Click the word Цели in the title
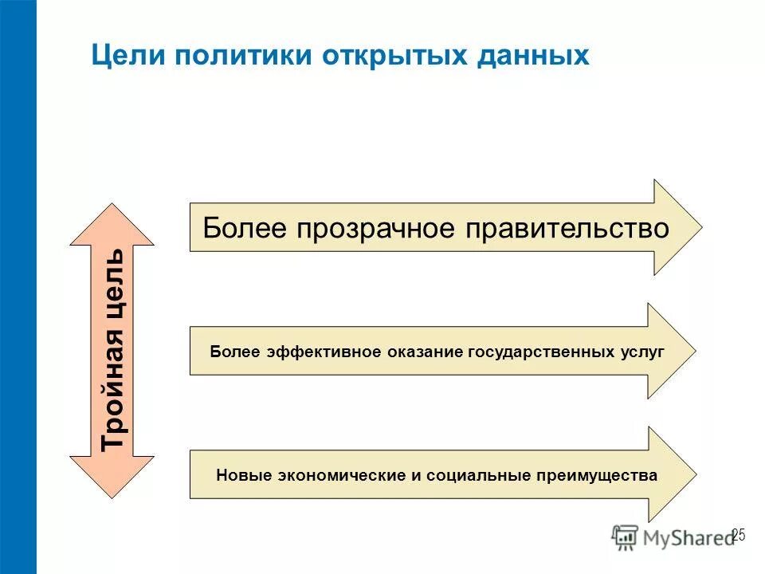pyautogui.click(x=127, y=56)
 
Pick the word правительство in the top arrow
pyautogui.click(x=562, y=229)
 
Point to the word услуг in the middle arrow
pyautogui.click(x=642, y=352)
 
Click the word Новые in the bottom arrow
pyautogui.click(x=242, y=476)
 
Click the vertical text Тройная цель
pyautogui.click(x=112, y=348)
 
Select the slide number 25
pyautogui.click(x=738, y=535)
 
